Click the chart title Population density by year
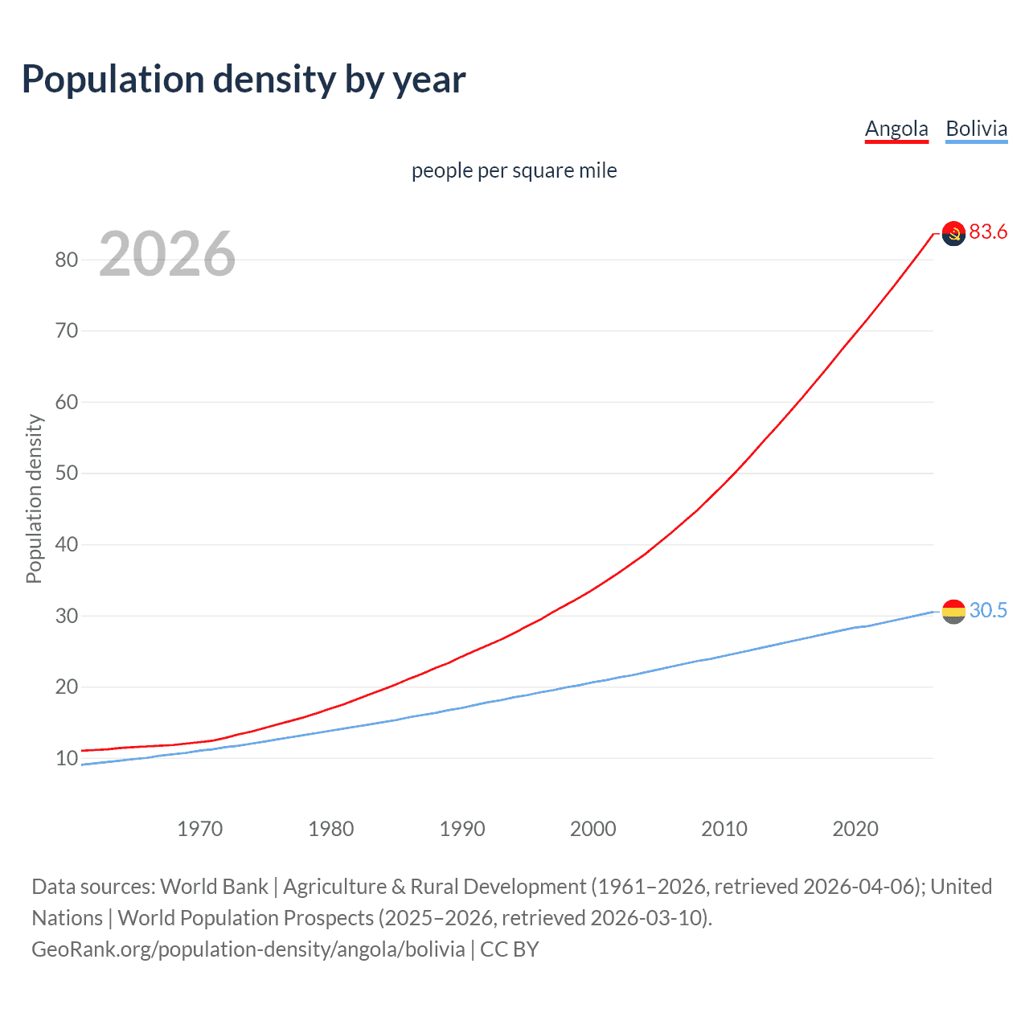(244, 80)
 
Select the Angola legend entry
(896, 129)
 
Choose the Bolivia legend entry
(976, 129)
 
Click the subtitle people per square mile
(514, 170)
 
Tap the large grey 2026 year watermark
(167, 254)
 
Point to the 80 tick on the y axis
(67, 260)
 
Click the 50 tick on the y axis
(67, 473)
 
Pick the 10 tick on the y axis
(67, 758)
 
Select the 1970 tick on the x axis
(200, 829)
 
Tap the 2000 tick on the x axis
(593, 829)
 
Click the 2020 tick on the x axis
(855, 829)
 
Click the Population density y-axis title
(34, 498)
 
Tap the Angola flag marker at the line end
(953, 234)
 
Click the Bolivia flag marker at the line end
(953, 612)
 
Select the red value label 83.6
(988, 232)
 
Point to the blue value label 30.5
(988, 610)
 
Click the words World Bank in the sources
(214, 887)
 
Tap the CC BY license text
(510, 949)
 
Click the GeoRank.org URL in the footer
(248, 949)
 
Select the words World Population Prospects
(246, 918)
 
